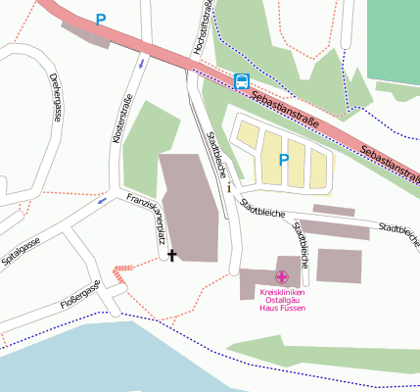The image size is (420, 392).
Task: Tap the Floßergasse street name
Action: pyautogui.click(x=80, y=297)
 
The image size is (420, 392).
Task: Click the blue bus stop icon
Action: pyautogui.click(x=242, y=82)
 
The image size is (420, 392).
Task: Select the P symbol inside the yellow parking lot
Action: pyautogui.click(x=285, y=159)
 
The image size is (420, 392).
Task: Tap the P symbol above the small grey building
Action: pyautogui.click(x=100, y=19)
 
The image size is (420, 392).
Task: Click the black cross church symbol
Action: pyautogui.click(x=173, y=256)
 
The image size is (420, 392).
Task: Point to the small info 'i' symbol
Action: pyautogui.click(x=229, y=186)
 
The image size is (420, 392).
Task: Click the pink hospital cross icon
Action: pyautogui.click(x=282, y=278)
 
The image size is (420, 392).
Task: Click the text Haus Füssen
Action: pyautogui.click(x=282, y=309)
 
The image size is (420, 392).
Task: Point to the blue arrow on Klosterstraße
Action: pyautogui.click(x=143, y=64)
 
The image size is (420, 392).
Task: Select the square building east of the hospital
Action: pyautogui.click(x=339, y=266)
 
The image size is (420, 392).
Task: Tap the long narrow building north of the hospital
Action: pyautogui.click(x=334, y=210)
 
